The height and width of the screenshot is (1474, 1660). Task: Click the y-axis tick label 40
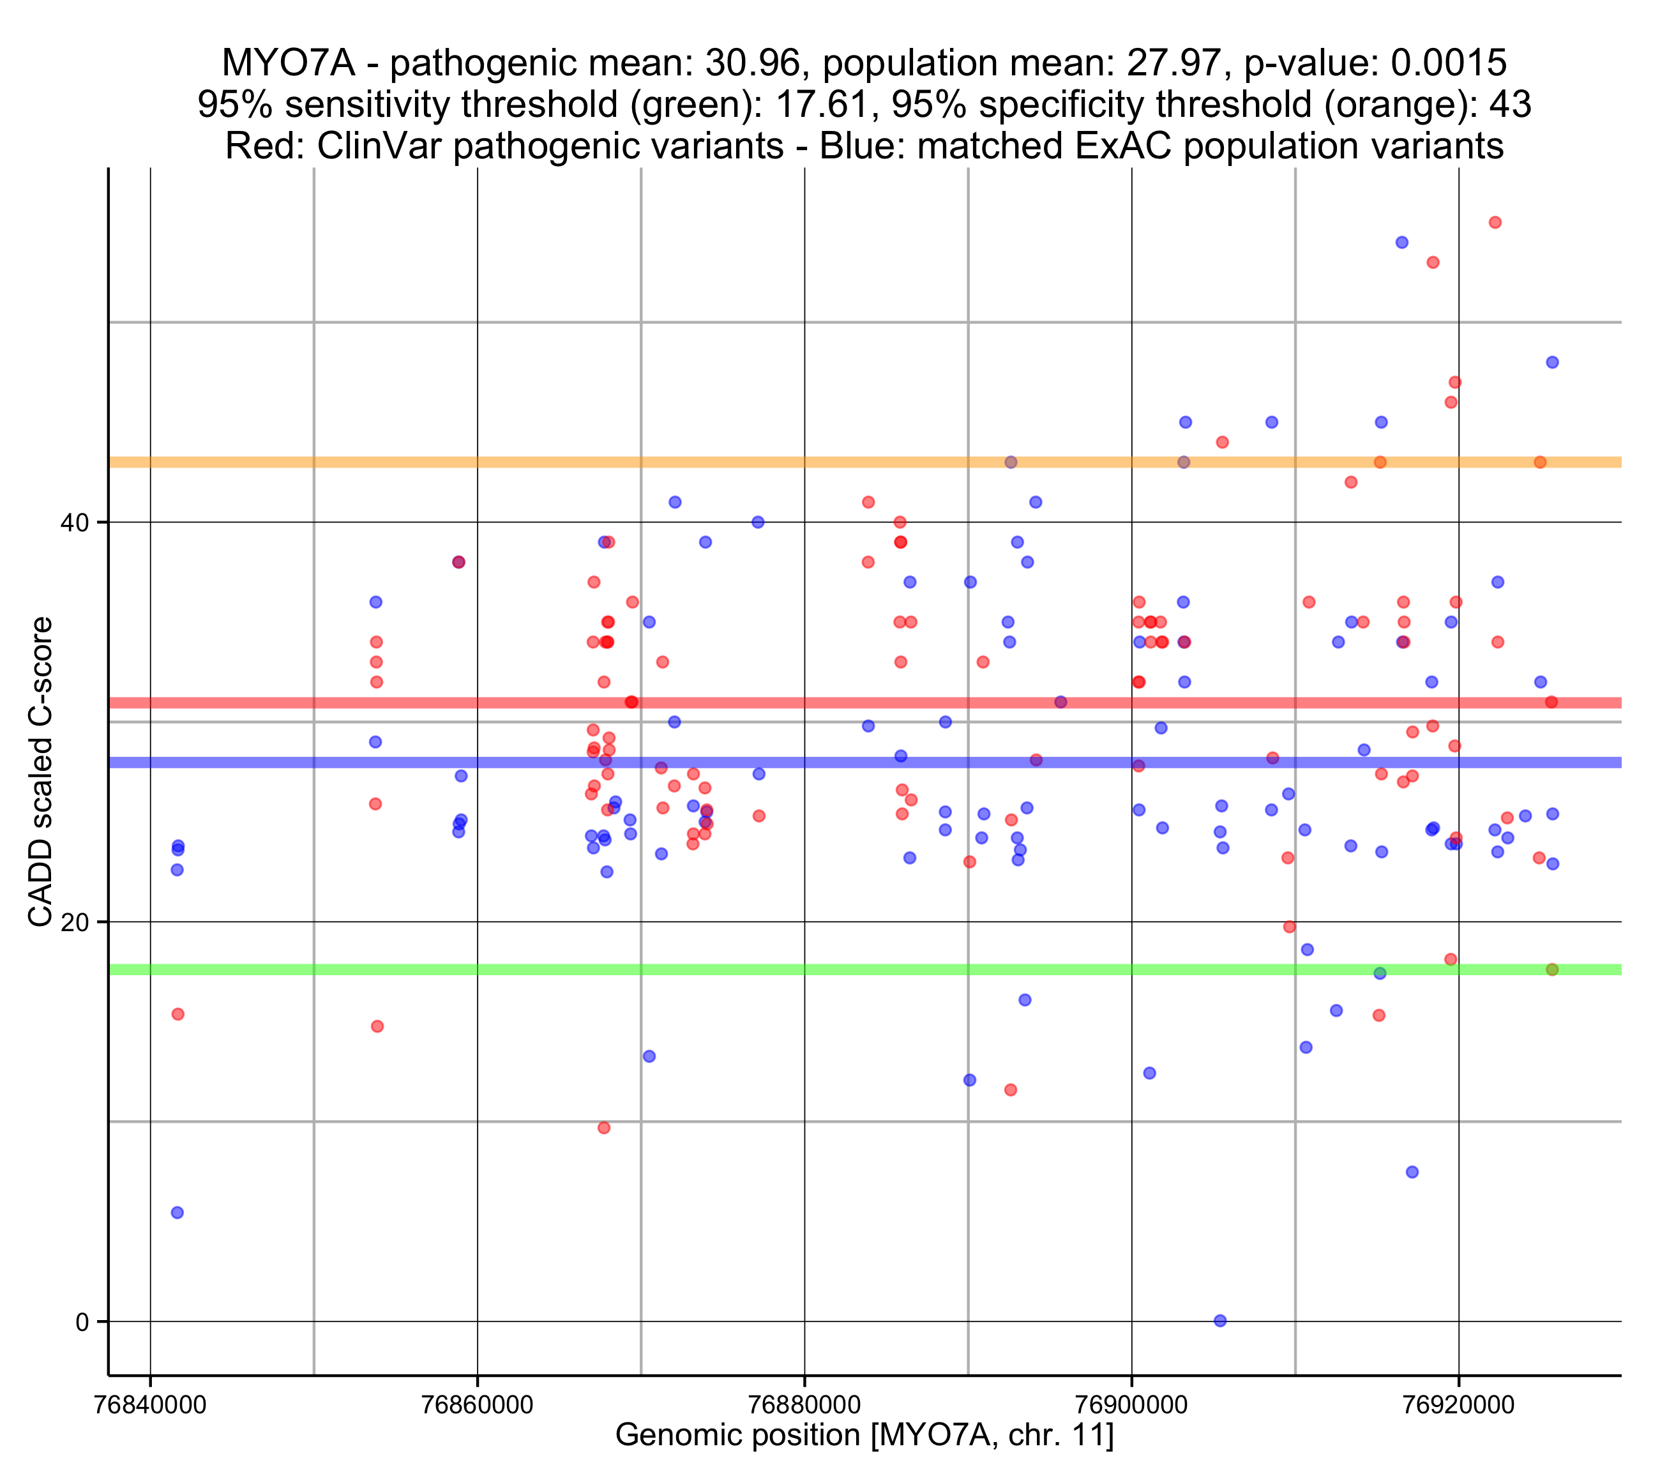[x=75, y=522]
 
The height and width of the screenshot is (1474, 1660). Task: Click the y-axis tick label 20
[x=75, y=922]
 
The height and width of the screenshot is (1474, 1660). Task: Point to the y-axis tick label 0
[x=82, y=1322]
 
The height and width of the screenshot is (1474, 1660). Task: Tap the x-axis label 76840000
[x=150, y=1405]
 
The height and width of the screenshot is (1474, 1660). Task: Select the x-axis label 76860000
[x=478, y=1405]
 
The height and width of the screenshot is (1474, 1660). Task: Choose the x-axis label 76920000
[x=1460, y=1405]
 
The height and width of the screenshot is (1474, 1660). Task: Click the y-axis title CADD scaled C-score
[x=41, y=772]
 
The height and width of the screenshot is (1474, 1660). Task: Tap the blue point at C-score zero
[x=1220, y=1321]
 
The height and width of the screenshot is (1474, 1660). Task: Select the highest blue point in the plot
[x=1401, y=242]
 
